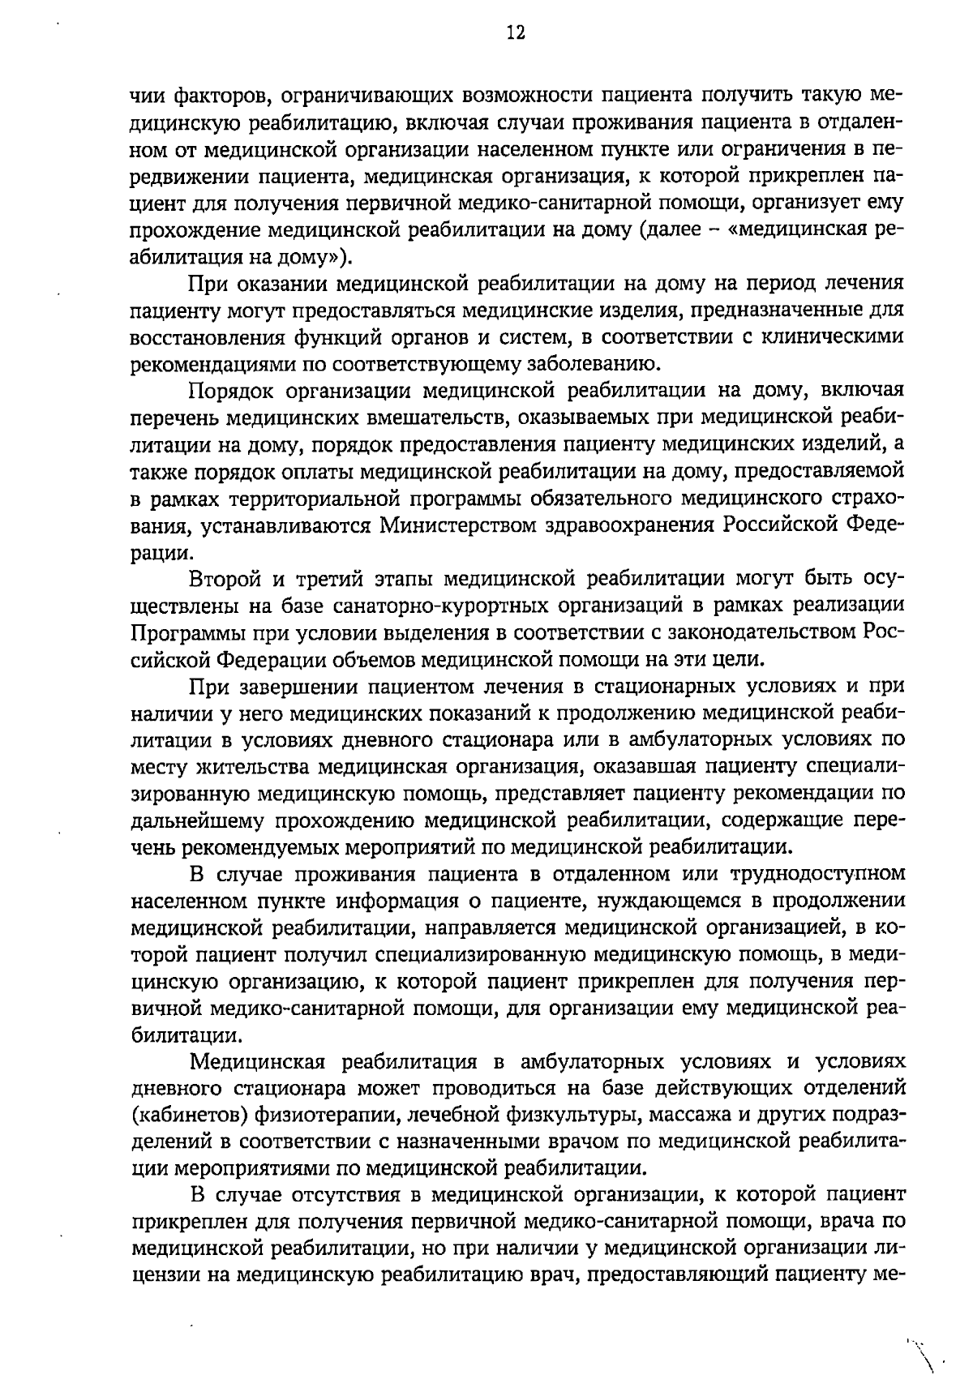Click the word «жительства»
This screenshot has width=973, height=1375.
point(254,766)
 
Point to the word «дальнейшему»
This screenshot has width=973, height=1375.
point(198,820)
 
